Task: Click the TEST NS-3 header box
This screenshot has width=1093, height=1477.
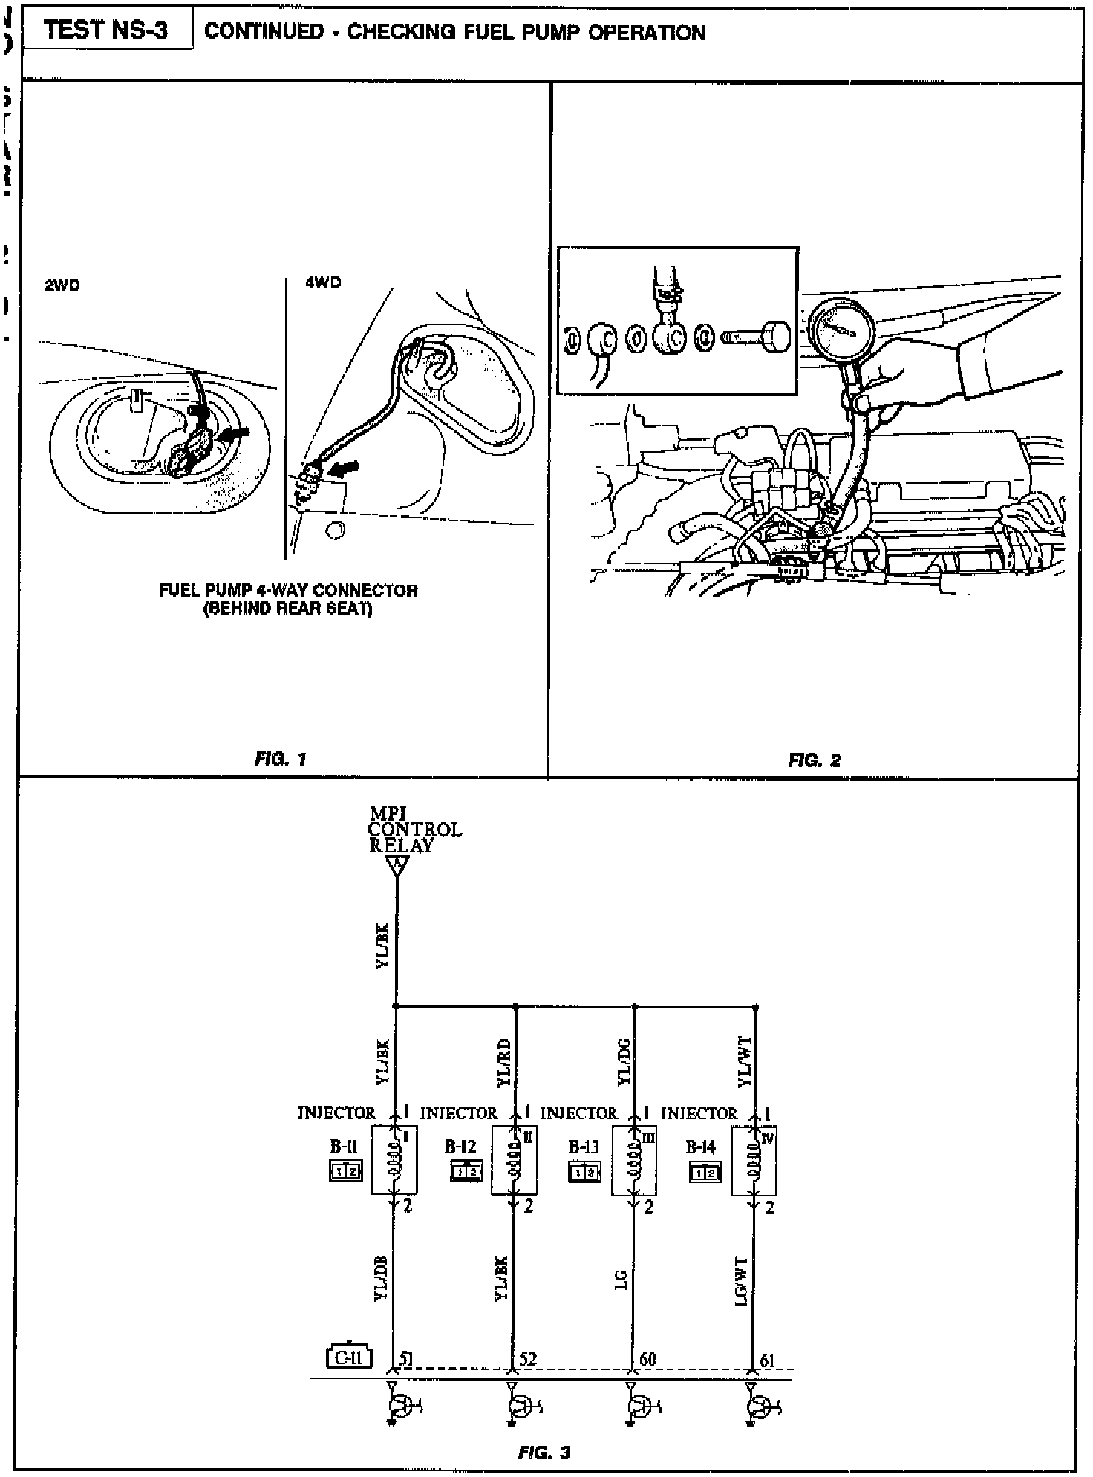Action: point(106,30)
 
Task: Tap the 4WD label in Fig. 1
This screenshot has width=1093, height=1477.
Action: point(323,283)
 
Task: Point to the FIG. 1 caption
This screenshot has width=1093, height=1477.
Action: point(281,759)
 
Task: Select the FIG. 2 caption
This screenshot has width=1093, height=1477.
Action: point(815,760)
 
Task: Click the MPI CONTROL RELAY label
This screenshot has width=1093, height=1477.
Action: point(414,830)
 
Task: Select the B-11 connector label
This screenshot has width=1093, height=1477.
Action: point(344,1146)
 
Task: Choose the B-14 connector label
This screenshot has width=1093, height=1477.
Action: point(700,1147)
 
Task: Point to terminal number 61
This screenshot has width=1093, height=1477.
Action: point(767,1360)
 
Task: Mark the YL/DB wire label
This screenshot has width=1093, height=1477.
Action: point(381,1278)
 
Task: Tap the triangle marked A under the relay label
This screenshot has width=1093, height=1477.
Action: point(398,865)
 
